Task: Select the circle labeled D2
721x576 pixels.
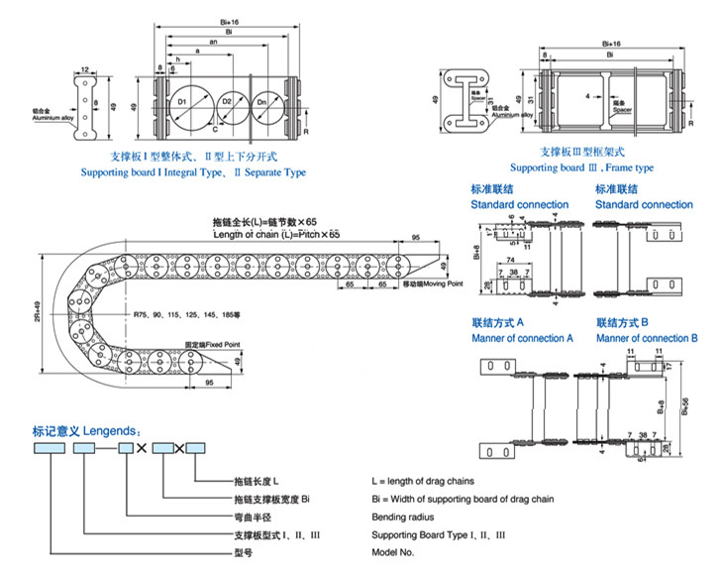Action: click(x=227, y=103)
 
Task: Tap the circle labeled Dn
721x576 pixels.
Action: click(x=261, y=103)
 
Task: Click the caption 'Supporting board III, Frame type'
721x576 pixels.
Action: click(x=581, y=168)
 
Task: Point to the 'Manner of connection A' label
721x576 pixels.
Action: click(x=523, y=338)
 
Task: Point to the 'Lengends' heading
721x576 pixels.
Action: click(x=93, y=431)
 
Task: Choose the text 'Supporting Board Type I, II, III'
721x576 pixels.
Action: click(x=439, y=534)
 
